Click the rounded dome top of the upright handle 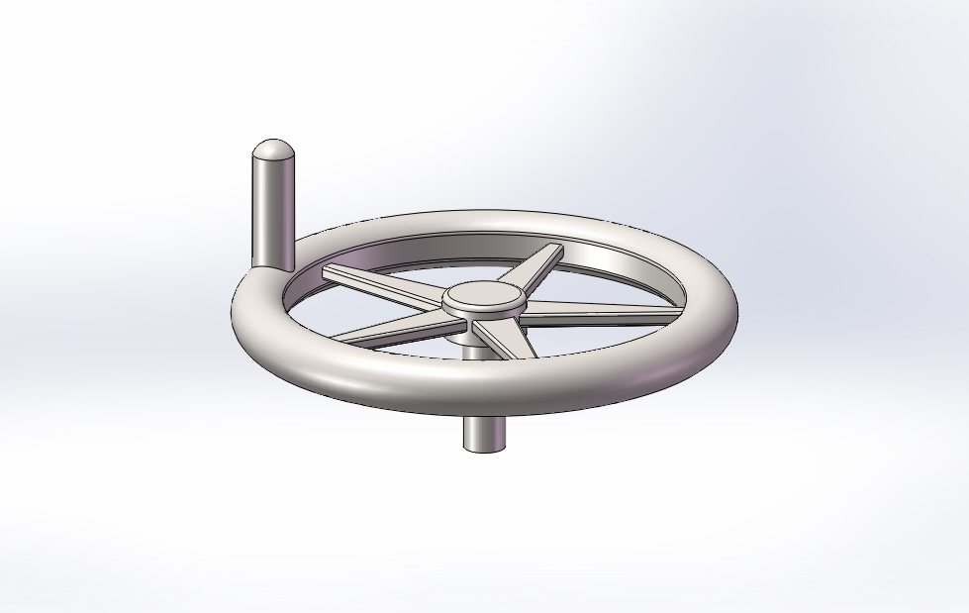click(x=271, y=152)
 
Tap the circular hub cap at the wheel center click(x=483, y=295)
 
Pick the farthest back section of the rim click(x=485, y=219)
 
